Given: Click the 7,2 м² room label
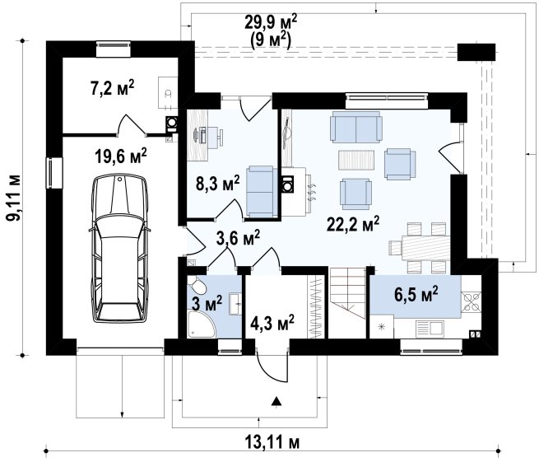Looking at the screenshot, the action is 112,88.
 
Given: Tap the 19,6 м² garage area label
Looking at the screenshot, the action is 121,156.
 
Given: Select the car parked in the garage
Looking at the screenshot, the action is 119,248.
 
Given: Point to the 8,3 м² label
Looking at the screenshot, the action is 217,183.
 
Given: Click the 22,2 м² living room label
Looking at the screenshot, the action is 353,225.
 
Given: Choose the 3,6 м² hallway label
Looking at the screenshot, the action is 238,238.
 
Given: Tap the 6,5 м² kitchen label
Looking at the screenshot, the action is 416,295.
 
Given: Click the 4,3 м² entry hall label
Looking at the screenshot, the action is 272,324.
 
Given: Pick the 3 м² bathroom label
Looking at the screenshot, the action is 207,304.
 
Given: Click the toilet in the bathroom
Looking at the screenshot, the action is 197,285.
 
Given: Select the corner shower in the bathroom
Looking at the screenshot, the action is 201,324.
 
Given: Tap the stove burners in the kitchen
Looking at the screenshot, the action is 471,301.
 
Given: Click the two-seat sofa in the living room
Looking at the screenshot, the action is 356,127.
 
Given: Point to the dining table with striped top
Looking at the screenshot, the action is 425,248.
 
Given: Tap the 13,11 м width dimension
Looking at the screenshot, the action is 272,441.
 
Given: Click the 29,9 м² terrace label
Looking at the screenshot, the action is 271,23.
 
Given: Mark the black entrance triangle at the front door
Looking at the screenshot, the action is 276,401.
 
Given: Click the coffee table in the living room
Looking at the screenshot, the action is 356,160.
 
